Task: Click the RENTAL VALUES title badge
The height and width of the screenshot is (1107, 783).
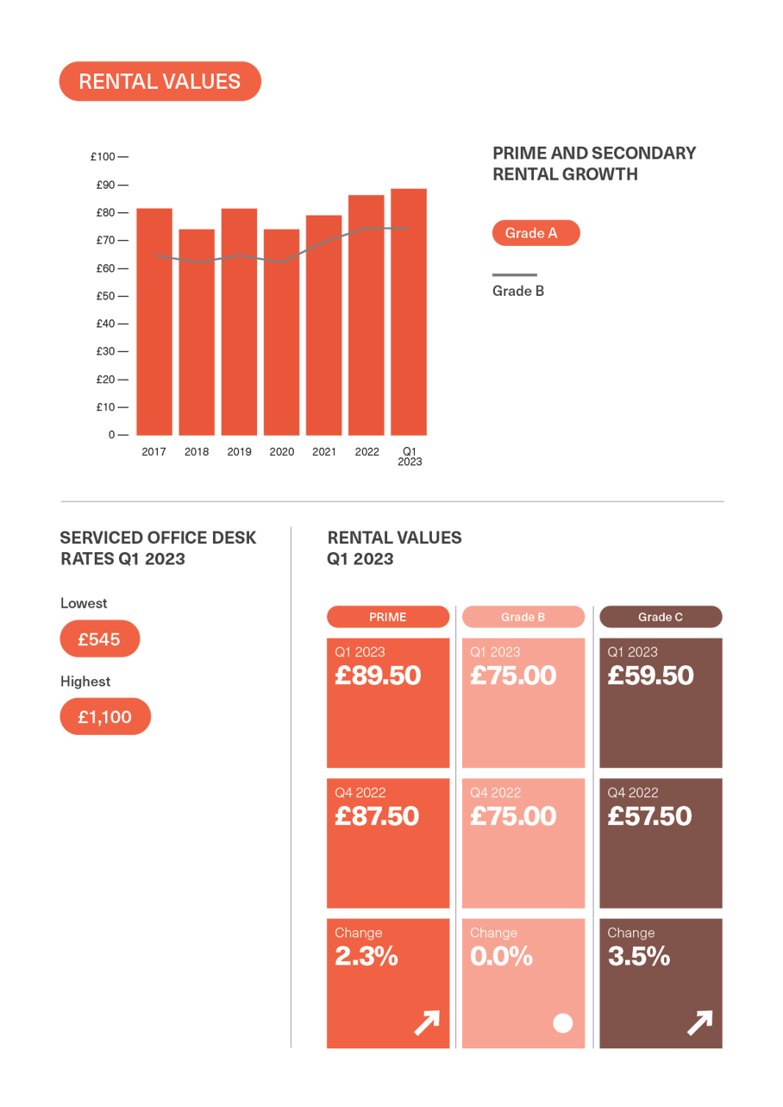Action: click(160, 82)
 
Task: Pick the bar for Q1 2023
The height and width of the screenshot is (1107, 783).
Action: click(409, 311)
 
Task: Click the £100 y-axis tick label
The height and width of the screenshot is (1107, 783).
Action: click(102, 157)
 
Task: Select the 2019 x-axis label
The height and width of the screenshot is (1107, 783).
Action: click(239, 451)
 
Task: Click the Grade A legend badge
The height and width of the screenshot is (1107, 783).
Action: click(536, 233)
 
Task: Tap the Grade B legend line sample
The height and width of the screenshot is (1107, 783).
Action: click(514, 275)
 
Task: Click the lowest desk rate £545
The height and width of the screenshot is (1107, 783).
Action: click(99, 639)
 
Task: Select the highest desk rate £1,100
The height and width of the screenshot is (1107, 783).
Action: click(105, 717)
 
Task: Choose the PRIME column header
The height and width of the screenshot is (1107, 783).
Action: click(387, 617)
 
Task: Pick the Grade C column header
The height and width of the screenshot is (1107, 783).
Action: click(661, 617)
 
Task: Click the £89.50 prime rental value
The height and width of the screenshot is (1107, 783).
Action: click(378, 676)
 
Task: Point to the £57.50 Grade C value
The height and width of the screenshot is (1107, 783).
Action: click(649, 816)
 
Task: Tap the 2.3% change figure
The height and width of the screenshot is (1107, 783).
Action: click(366, 956)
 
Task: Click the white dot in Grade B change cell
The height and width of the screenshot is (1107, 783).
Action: click(562, 1023)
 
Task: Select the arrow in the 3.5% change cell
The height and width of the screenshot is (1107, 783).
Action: click(699, 1023)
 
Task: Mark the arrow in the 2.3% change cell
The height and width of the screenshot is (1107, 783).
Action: click(426, 1023)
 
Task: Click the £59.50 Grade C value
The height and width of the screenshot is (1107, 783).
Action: click(650, 676)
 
